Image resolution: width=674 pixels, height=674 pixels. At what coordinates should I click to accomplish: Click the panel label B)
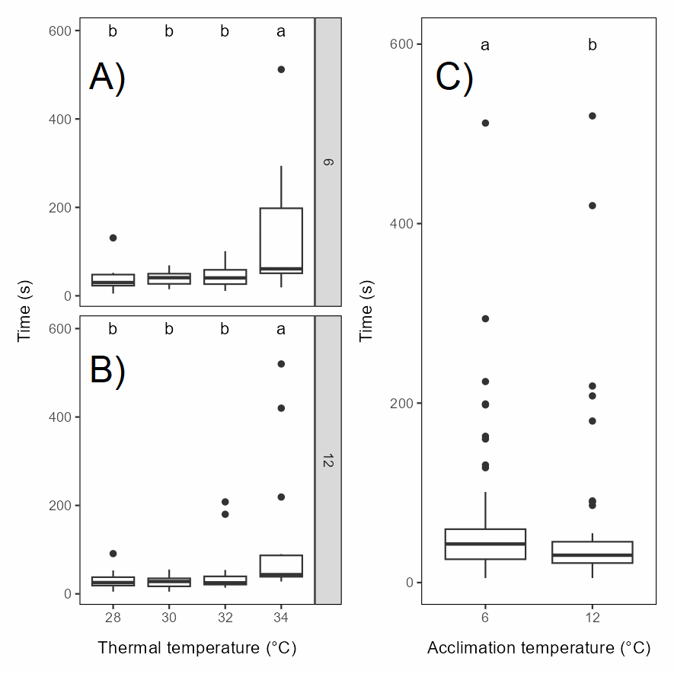(x=107, y=371)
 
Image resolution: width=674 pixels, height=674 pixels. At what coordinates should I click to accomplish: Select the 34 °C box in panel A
(x=281, y=241)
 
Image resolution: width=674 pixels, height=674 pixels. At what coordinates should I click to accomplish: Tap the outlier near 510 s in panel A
(x=281, y=69)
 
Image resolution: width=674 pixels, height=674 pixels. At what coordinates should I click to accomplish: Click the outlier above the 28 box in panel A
(x=113, y=238)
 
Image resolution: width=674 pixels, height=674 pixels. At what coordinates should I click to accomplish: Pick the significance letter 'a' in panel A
(x=281, y=31)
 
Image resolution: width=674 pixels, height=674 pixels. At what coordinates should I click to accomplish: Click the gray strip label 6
(x=328, y=161)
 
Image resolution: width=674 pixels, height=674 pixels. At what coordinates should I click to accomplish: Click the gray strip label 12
(x=328, y=461)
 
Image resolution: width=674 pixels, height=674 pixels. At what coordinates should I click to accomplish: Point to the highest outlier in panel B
(x=281, y=364)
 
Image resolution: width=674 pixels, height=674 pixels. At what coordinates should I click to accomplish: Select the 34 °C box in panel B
(x=281, y=566)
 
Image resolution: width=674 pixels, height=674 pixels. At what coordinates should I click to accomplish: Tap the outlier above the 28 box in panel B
(x=113, y=554)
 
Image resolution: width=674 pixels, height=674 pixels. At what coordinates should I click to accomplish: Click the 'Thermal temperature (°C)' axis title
(x=197, y=648)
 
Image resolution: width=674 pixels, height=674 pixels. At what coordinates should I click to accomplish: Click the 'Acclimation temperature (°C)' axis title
(x=538, y=648)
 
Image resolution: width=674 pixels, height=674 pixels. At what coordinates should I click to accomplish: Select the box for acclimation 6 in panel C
(x=485, y=544)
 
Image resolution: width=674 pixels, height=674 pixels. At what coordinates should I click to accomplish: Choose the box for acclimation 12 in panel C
(x=593, y=552)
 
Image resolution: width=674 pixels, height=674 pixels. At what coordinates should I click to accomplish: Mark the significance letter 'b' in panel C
(x=593, y=45)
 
